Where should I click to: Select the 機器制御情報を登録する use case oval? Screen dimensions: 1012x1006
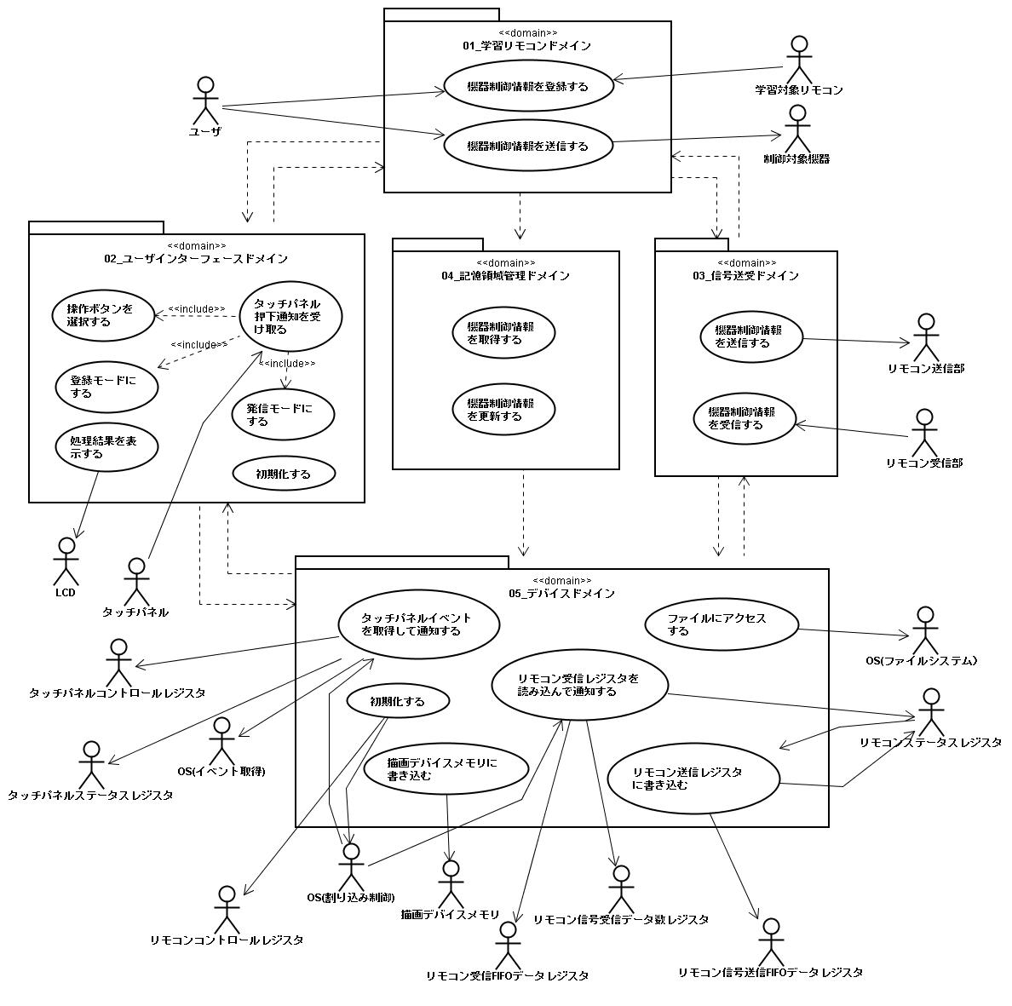pyautogui.click(x=528, y=86)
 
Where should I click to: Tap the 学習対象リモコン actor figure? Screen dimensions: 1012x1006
pyautogui.click(x=799, y=60)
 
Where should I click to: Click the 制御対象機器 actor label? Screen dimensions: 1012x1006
pyautogui.click(x=796, y=158)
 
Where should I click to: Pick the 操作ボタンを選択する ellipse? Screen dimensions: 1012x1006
pyautogui.click(x=103, y=315)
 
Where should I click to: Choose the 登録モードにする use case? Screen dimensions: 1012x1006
pyautogui.click(x=106, y=387)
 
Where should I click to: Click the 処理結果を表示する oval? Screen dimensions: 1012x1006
pyautogui.click(x=106, y=447)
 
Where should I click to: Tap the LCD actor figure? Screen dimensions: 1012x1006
pyautogui.click(x=66, y=560)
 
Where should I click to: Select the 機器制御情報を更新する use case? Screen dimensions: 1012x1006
pyautogui.click(x=503, y=409)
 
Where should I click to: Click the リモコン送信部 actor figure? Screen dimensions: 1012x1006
pyautogui.click(x=926, y=337)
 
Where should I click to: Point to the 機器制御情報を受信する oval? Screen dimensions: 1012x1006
pyautogui.click(x=745, y=418)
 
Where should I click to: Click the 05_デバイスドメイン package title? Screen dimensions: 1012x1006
pyautogui.click(x=561, y=593)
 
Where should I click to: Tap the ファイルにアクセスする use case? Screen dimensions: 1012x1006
pyautogui.click(x=722, y=624)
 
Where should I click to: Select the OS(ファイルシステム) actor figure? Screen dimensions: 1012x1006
pyautogui.click(x=925, y=630)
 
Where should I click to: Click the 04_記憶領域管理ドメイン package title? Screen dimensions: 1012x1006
pyautogui.click(x=505, y=275)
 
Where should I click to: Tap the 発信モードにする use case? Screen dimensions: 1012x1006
pyautogui.click(x=283, y=414)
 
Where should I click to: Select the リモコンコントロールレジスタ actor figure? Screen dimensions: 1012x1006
pyautogui.click(x=227, y=909)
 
